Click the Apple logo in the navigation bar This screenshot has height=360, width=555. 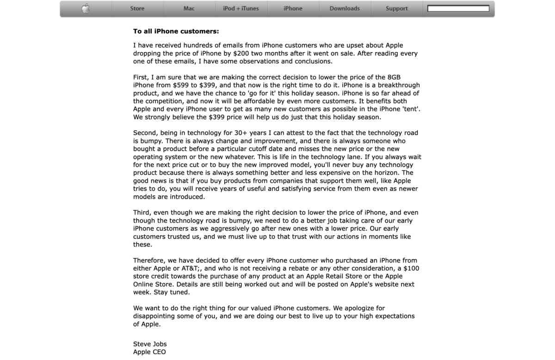tap(86, 8)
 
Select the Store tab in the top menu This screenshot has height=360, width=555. tap(137, 8)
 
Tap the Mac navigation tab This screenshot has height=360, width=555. tap(189, 8)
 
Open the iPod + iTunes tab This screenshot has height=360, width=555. tap(241, 8)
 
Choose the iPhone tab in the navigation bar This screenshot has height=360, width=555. tap(293, 8)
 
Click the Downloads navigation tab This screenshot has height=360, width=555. tap(345, 8)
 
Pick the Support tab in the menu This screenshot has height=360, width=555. tap(397, 8)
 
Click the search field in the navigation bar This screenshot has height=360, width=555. tap(458, 8)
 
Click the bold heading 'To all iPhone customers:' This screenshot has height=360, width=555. tap(176, 31)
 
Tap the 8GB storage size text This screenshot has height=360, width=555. tap(394, 77)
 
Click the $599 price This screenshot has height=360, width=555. tap(181, 85)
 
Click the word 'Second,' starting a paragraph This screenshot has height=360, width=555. tap(146, 133)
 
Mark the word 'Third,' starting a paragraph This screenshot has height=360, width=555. tap(142, 213)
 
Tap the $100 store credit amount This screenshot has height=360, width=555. tap(411, 268)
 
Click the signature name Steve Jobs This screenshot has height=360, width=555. tap(150, 344)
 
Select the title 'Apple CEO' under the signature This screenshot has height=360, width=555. tap(149, 352)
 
